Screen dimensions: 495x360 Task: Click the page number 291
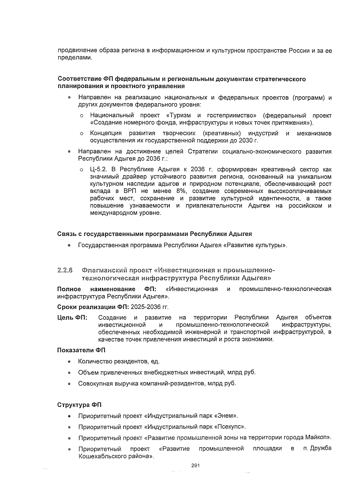[195, 466]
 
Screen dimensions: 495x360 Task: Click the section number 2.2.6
[65, 270]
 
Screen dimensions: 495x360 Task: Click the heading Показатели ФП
[81, 350]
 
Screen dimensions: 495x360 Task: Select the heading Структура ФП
[79, 405]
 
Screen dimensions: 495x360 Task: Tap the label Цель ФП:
[72, 318]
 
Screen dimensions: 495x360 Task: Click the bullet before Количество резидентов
[69, 361]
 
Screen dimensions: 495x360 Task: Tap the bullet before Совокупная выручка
[69, 384]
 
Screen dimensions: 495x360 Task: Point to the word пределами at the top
[74, 58]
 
